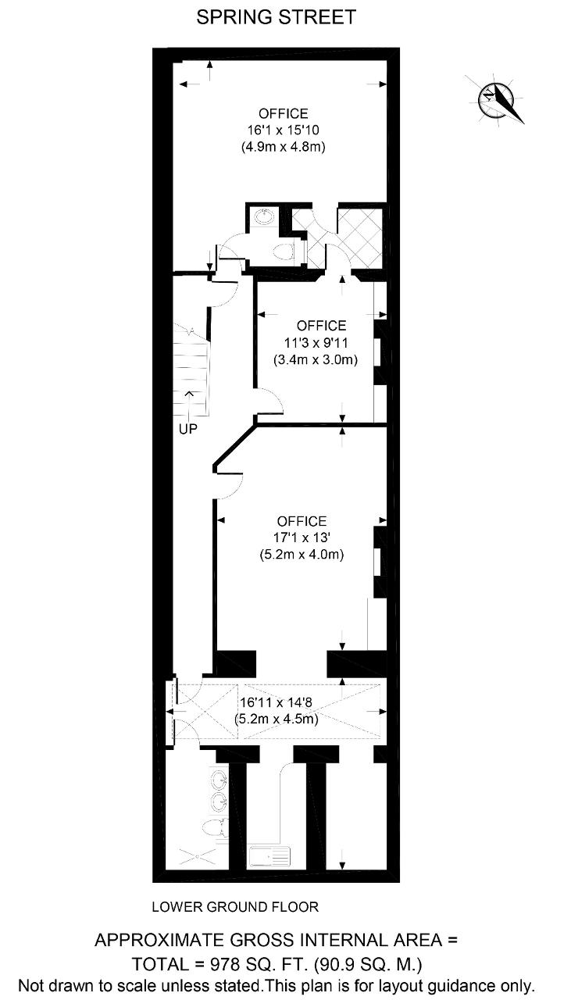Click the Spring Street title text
click(x=276, y=17)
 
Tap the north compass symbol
click(x=494, y=99)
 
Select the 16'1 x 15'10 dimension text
click(x=283, y=130)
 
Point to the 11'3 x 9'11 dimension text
click(x=316, y=343)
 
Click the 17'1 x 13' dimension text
click(x=302, y=537)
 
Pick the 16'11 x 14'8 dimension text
click(x=276, y=702)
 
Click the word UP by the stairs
click(x=188, y=429)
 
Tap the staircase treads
click(x=191, y=370)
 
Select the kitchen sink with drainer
click(x=269, y=856)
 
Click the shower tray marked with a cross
click(x=196, y=855)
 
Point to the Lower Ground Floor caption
click(x=235, y=907)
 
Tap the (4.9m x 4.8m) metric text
click(x=283, y=146)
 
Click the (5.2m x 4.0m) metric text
click(x=302, y=555)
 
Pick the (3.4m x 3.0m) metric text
click(x=316, y=359)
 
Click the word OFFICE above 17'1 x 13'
click(x=302, y=521)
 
